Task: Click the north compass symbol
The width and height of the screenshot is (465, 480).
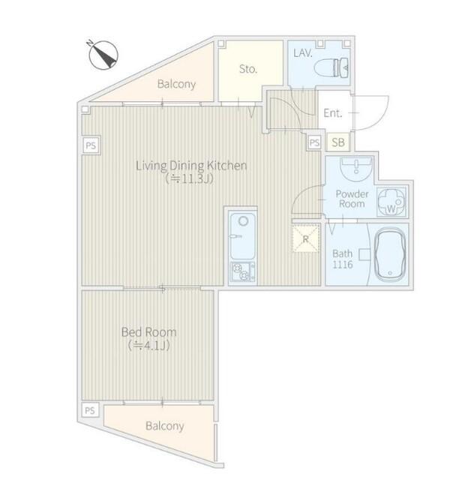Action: point(103,55)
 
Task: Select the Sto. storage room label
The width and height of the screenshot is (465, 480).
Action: point(248,69)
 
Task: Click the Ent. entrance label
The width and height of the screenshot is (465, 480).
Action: point(333,113)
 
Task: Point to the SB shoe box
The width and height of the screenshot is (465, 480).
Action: point(338,142)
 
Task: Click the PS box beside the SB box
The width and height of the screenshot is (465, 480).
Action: point(314,142)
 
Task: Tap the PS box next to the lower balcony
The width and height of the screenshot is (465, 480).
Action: point(90,410)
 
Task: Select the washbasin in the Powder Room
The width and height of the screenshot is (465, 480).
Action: point(356,169)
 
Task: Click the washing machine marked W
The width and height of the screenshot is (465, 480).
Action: point(391,202)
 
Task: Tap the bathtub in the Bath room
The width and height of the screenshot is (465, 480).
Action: point(390,255)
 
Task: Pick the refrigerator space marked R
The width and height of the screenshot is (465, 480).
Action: point(306,238)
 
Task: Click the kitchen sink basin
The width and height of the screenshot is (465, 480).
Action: point(243,236)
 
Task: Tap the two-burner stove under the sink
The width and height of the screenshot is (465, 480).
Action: point(243,272)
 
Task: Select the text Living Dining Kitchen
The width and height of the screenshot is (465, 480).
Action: point(191,166)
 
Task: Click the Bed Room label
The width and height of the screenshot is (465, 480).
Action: point(149,332)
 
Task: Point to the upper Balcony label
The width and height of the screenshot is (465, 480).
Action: point(177,84)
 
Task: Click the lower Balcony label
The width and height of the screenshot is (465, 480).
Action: point(165,426)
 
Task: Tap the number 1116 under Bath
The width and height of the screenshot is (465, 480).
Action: point(343,265)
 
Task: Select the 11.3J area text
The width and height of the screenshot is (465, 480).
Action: point(189,178)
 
